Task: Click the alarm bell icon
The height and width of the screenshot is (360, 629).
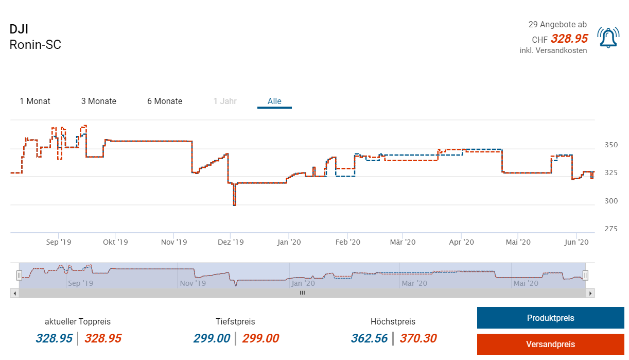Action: point(608,38)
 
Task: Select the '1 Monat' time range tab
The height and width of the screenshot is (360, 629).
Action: point(35,101)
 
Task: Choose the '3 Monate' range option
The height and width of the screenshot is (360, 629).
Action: point(99,101)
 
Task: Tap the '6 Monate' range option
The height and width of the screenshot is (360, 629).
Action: point(165,101)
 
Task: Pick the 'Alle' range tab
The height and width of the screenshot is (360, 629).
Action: point(274,101)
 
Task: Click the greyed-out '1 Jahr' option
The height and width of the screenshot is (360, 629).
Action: point(225,101)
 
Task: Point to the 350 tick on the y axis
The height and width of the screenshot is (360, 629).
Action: point(611,145)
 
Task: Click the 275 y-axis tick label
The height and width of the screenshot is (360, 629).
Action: point(611,229)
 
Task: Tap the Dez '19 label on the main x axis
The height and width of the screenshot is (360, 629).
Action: point(231,242)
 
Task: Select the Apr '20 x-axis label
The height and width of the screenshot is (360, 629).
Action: point(462,242)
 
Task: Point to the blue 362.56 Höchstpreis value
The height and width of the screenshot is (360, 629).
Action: point(370,338)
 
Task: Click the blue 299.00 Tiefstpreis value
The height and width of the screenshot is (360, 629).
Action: point(212,338)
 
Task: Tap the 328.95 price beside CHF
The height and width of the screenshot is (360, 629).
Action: point(569,39)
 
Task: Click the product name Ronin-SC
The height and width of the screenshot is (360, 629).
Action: point(36,45)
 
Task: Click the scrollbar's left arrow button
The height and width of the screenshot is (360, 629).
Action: point(14,293)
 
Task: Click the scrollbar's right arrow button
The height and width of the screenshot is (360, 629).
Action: point(590,293)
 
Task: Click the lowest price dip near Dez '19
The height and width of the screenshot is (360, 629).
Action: point(235,204)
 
